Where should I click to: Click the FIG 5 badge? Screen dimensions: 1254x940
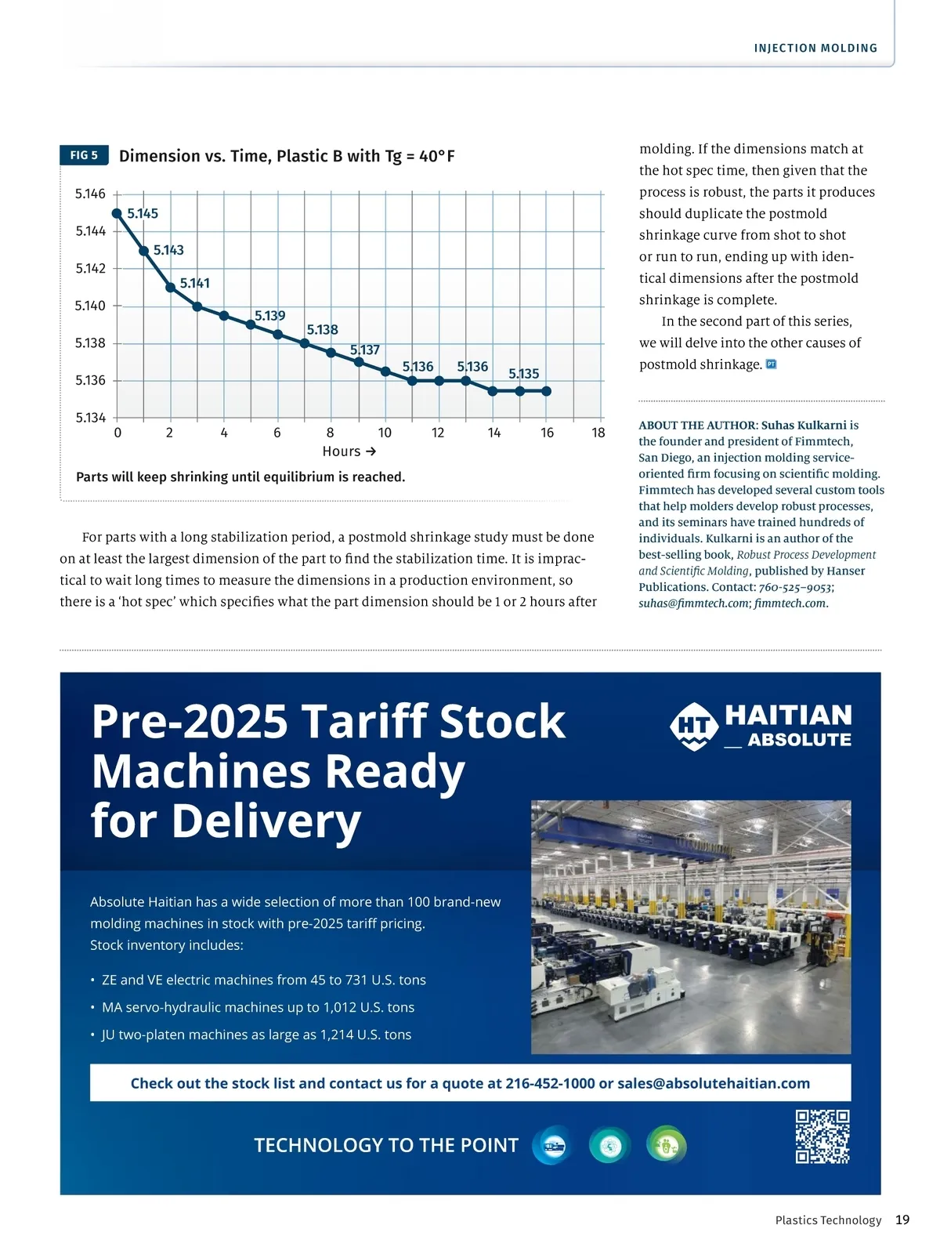coord(84,155)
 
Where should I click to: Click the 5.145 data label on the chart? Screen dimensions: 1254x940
coord(143,213)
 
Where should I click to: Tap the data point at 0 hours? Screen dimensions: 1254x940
coord(117,213)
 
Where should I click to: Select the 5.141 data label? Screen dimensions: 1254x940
coord(195,283)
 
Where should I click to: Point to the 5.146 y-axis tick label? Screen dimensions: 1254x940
coord(90,194)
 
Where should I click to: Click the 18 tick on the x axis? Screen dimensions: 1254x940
coord(598,433)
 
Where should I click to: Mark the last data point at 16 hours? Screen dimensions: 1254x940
coord(547,390)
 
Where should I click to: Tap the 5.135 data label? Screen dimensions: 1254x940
coord(524,374)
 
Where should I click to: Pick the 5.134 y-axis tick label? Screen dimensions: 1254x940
coord(90,418)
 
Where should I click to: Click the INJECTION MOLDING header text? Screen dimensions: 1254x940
coord(815,49)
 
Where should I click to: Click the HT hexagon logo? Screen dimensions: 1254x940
coord(693,726)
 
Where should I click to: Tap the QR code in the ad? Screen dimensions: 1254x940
coord(822,1136)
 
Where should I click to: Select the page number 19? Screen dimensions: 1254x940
coord(902,1220)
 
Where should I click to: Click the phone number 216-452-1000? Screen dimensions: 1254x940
coord(550,1083)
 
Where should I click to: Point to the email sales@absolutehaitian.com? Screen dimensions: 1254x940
coord(714,1083)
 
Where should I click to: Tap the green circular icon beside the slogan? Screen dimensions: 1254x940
coord(666,1146)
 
